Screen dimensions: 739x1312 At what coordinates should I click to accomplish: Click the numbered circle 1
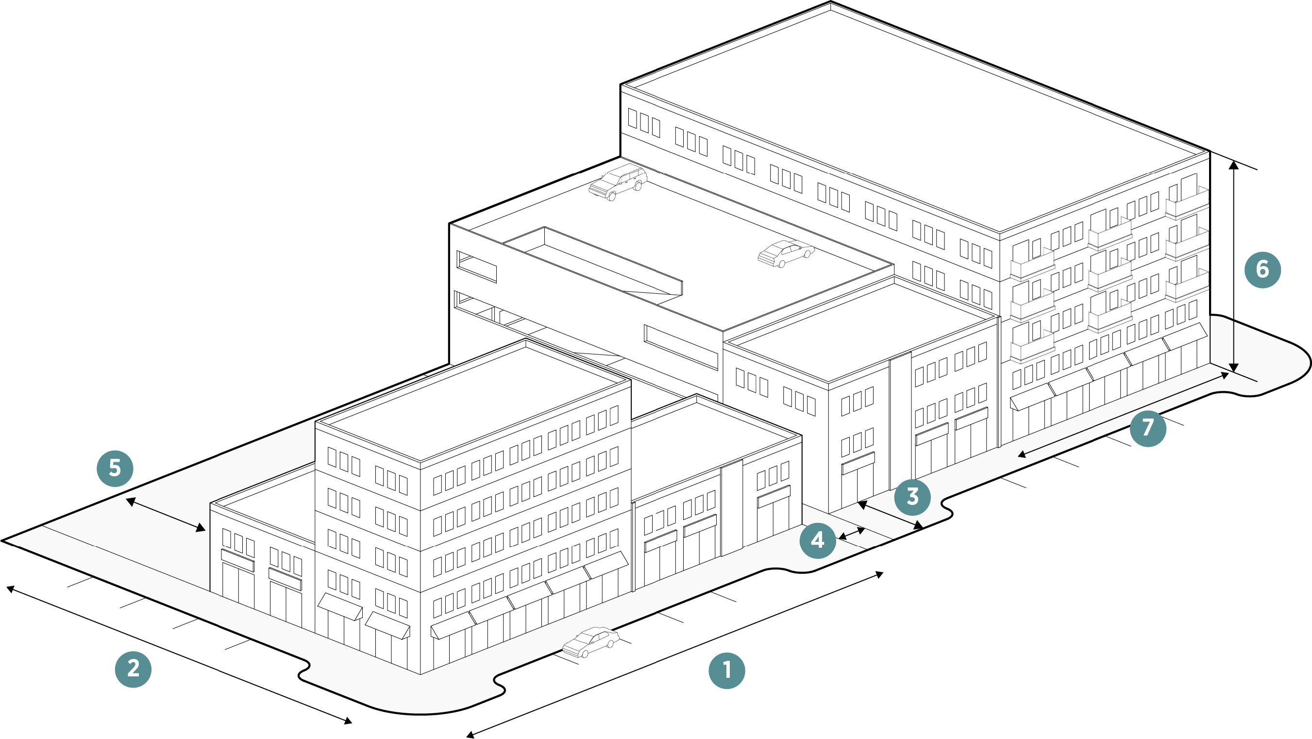click(727, 671)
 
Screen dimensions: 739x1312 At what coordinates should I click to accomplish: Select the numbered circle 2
click(133, 669)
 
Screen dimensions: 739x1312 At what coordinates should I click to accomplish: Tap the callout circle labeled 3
click(912, 497)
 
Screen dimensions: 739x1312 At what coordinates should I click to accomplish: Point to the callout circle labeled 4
click(818, 540)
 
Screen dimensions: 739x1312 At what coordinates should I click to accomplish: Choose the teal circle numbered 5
click(115, 469)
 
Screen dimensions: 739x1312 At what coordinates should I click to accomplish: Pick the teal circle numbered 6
click(1262, 269)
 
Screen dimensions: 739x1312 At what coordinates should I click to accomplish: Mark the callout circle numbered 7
click(1147, 428)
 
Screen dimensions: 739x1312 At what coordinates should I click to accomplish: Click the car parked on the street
click(591, 642)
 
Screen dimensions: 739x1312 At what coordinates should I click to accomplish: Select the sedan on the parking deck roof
click(786, 253)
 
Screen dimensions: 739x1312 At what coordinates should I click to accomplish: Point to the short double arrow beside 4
click(852, 533)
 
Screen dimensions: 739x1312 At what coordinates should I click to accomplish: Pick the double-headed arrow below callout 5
click(166, 515)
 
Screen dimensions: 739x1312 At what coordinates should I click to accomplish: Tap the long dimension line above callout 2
click(178, 655)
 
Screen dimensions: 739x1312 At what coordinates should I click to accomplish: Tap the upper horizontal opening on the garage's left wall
click(476, 266)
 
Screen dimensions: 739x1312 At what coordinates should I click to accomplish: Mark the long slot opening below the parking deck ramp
click(681, 346)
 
